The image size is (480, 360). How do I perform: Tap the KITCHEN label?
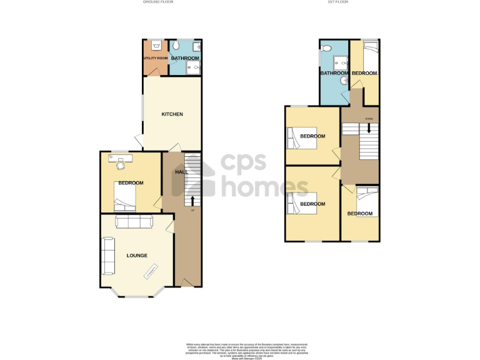click(172, 114)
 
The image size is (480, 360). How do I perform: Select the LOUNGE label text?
click(137, 255)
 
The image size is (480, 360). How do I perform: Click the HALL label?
click(181, 172)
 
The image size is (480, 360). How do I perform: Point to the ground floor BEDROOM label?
click(131, 183)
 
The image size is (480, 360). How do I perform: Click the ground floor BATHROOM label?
click(185, 58)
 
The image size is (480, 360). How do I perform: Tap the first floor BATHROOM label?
click(334, 73)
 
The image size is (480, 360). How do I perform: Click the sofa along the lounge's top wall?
click(134, 221)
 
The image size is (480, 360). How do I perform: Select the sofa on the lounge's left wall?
click(108, 256)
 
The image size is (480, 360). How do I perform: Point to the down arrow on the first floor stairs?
click(369, 127)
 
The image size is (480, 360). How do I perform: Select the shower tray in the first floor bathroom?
click(340, 60)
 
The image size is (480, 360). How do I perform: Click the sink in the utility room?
click(156, 45)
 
